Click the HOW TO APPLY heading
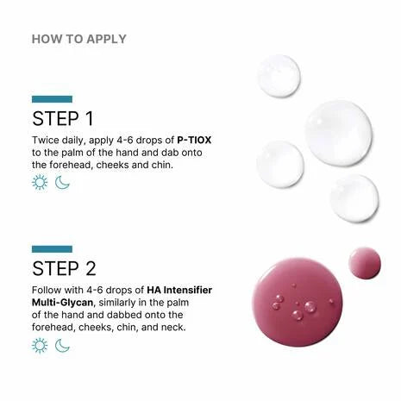point(78,39)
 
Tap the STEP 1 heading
point(63,118)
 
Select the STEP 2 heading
point(63,267)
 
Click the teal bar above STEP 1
point(52,99)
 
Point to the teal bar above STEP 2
point(52,248)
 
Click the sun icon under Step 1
point(40,182)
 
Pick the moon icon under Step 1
point(62,182)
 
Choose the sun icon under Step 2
point(40,345)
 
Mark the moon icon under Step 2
point(62,345)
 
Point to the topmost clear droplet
point(279,76)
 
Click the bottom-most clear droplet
point(354,198)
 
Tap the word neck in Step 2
point(171,327)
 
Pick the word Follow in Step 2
point(47,289)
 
